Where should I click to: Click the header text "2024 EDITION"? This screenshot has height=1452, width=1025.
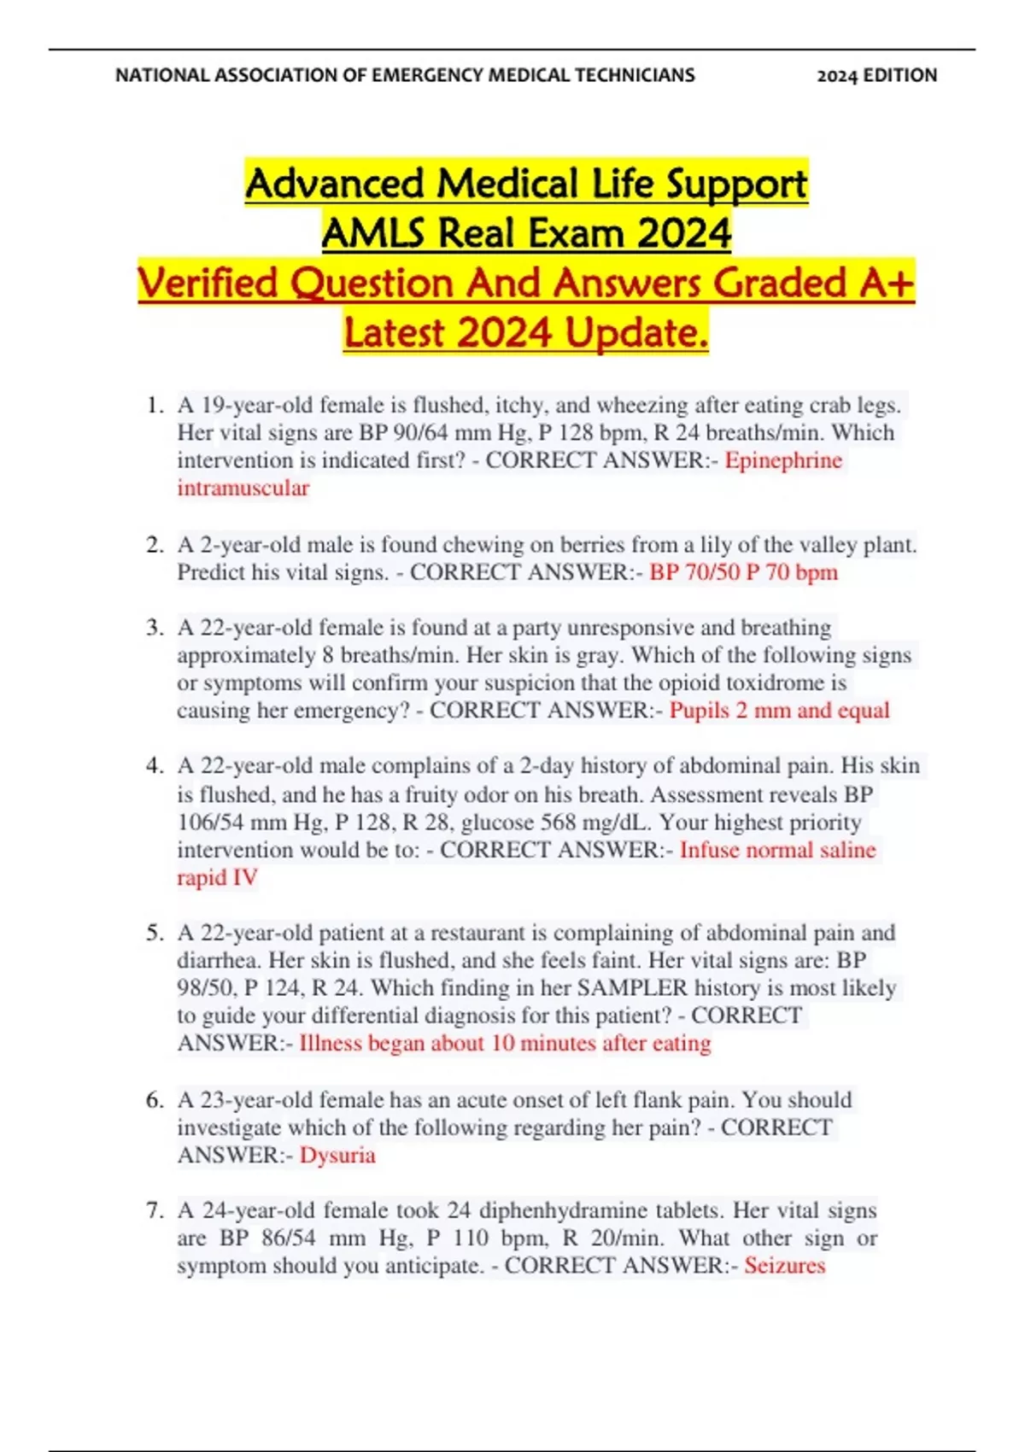(x=876, y=75)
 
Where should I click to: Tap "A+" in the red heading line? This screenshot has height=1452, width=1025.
(x=888, y=283)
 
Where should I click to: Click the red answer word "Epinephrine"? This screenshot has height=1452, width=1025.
(x=783, y=460)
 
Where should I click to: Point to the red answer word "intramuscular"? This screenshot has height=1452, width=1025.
(x=243, y=488)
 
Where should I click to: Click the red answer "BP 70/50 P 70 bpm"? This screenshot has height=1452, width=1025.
(x=743, y=572)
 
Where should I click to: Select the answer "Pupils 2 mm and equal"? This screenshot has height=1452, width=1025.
(x=779, y=711)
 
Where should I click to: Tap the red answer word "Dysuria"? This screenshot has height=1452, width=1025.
(x=337, y=1156)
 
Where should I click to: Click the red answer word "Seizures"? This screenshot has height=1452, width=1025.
(x=784, y=1266)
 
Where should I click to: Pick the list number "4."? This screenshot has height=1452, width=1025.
(x=155, y=766)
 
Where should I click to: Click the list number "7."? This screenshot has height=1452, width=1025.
(x=155, y=1210)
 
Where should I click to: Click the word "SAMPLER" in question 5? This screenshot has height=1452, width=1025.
(x=632, y=988)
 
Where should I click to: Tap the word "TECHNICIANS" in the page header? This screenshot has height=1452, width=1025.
(x=635, y=75)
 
